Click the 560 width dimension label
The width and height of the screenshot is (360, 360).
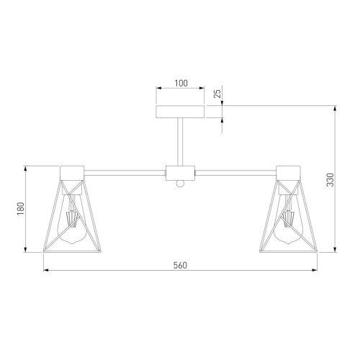point(180,265)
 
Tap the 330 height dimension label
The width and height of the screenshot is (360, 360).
point(330,179)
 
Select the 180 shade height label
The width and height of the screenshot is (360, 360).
point(21,209)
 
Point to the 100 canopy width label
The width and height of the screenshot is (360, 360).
point(181,84)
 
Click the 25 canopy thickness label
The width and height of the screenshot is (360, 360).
point(217,94)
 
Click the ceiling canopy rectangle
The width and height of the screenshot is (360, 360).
point(180,112)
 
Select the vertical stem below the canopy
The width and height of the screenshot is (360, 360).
point(180,142)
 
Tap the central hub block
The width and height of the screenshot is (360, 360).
point(180,173)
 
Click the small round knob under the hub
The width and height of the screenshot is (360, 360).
point(180,184)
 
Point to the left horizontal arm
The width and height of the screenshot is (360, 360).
point(125,173)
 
